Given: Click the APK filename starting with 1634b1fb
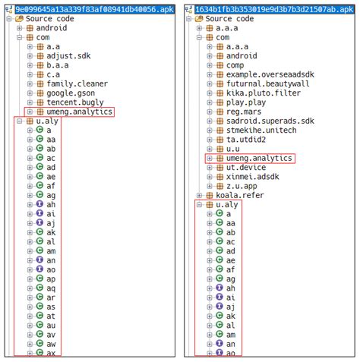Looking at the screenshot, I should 273,7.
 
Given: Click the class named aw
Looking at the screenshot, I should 51,344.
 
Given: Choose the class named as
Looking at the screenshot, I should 50,307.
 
